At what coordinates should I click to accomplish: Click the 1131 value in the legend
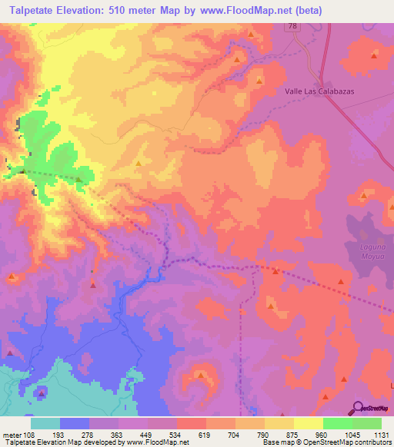tap(381, 435)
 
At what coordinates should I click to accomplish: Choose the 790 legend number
tap(264, 435)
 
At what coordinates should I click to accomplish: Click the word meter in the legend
tap(12, 435)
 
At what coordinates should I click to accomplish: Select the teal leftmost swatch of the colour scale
tap(45, 423)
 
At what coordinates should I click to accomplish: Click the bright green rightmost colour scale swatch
tap(367, 423)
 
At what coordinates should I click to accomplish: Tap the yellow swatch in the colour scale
tap(309, 423)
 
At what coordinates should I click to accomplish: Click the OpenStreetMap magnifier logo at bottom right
tap(359, 408)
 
